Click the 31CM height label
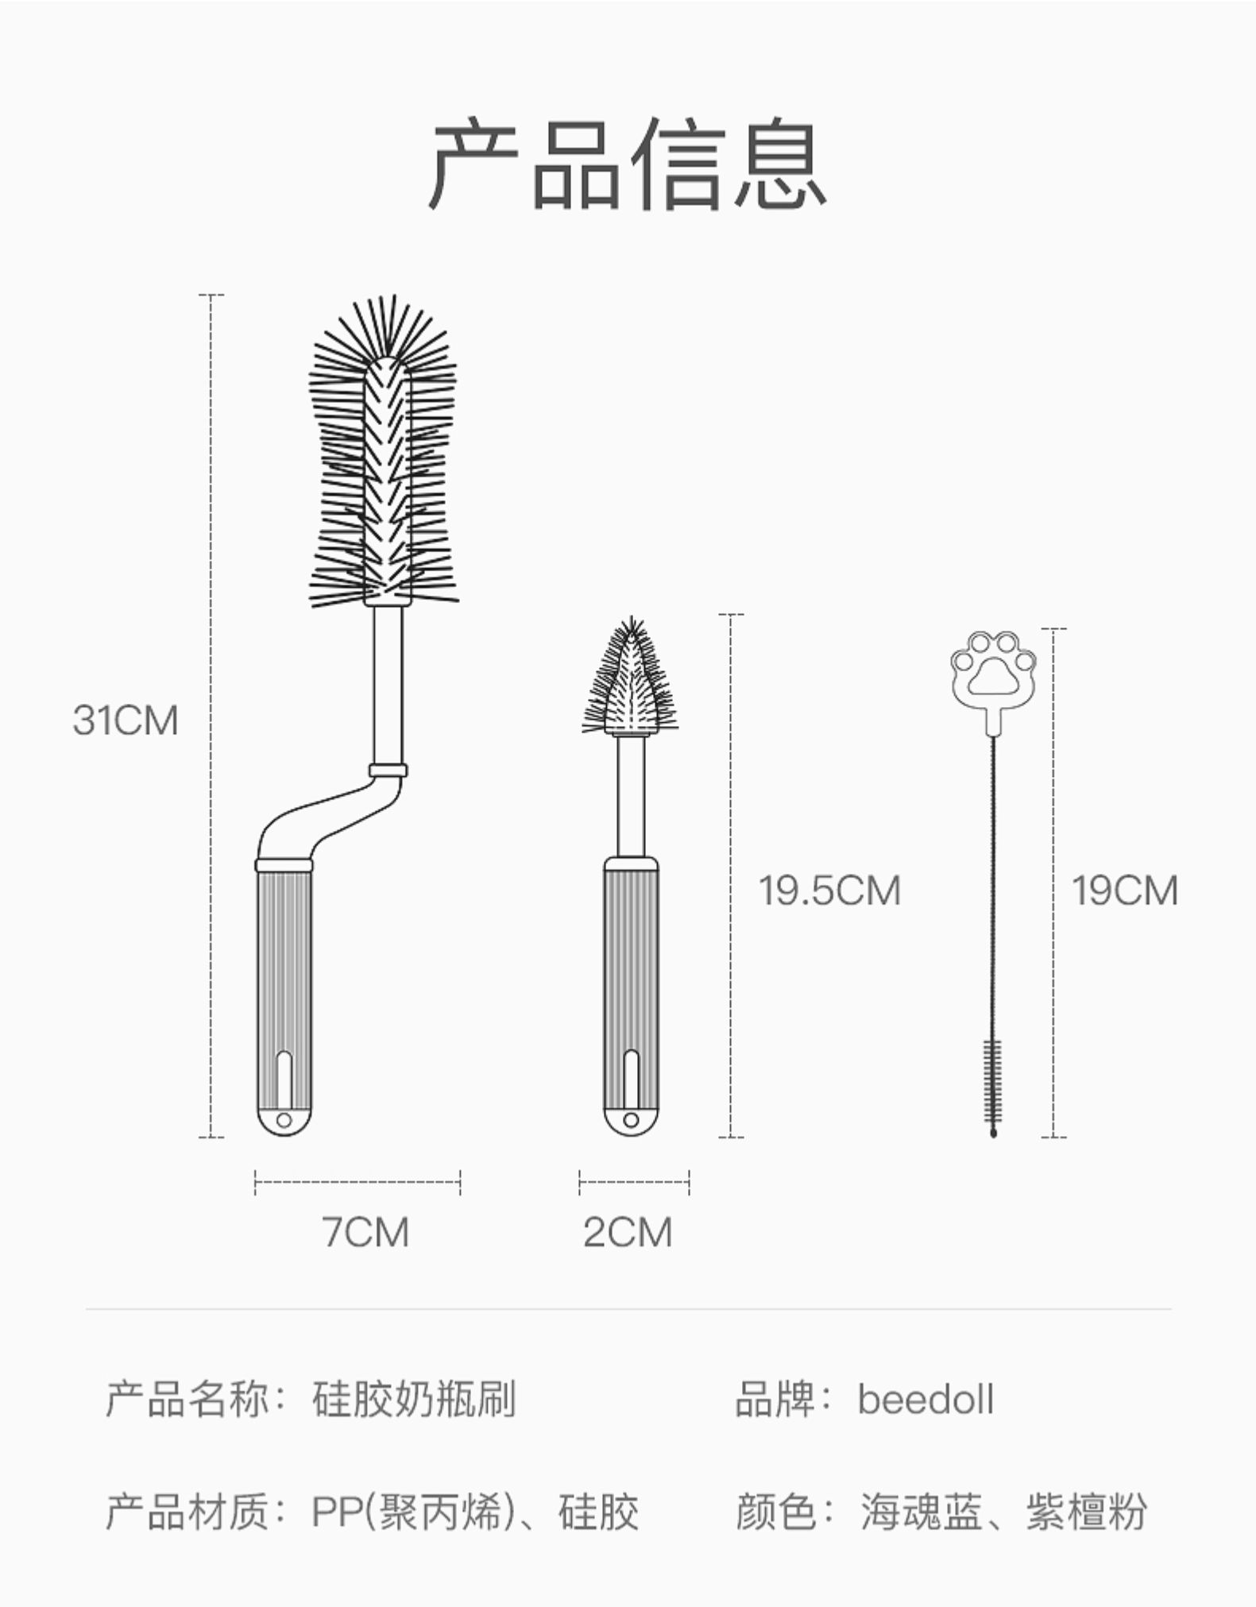(x=126, y=720)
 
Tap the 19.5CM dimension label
(x=829, y=890)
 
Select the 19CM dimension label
(x=1124, y=890)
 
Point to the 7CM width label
(x=365, y=1232)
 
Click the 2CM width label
(x=627, y=1232)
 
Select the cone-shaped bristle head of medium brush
(x=631, y=683)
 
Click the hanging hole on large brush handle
(x=284, y=1120)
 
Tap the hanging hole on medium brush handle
(x=631, y=1120)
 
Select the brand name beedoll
(x=926, y=1420)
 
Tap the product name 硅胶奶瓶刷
(x=414, y=1420)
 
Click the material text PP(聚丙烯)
(x=410, y=1512)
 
